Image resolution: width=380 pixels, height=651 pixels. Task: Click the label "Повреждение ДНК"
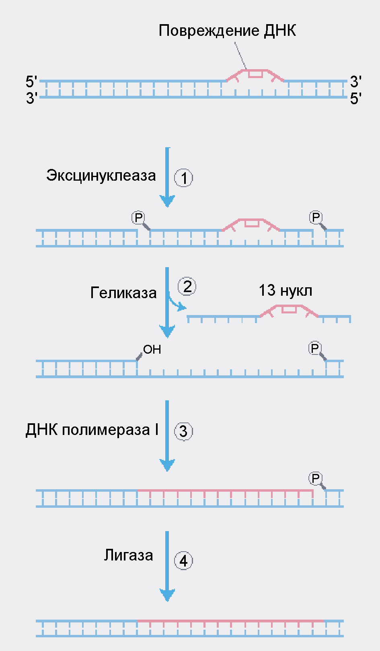[x=227, y=31]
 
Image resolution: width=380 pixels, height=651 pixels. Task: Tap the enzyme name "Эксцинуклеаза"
[x=101, y=175]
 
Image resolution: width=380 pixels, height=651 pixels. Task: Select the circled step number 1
[x=183, y=178]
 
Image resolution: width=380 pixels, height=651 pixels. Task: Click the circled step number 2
[x=187, y=286]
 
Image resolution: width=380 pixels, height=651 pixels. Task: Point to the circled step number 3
[x=183, y=431]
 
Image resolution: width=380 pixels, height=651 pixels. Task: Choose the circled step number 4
[x=183, y=560]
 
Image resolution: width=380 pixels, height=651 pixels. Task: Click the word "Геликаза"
[x=123, y=293]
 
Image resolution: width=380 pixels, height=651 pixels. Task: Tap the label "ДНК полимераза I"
[x=92, y=430]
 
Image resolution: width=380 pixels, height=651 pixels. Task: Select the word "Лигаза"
[x=128, y=555]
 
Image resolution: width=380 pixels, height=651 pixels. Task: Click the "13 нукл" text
[x=285, y=290]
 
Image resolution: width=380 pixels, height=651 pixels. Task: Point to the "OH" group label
[x=152, y=350]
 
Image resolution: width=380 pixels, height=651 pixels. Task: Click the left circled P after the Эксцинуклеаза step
[x=138, y=218]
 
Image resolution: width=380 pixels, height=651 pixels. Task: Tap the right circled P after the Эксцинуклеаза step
[x=316, y=217]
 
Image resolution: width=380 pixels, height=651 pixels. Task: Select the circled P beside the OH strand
[x=315, y=348]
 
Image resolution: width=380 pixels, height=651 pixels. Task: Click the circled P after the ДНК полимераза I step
[x=315, y=478]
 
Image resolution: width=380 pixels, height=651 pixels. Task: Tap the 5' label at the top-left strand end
[x=31, y=82]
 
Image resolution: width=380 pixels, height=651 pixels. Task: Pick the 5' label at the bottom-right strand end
[x=355, y=99]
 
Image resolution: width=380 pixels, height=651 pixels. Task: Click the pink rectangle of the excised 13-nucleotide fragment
[x=289, y=309]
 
